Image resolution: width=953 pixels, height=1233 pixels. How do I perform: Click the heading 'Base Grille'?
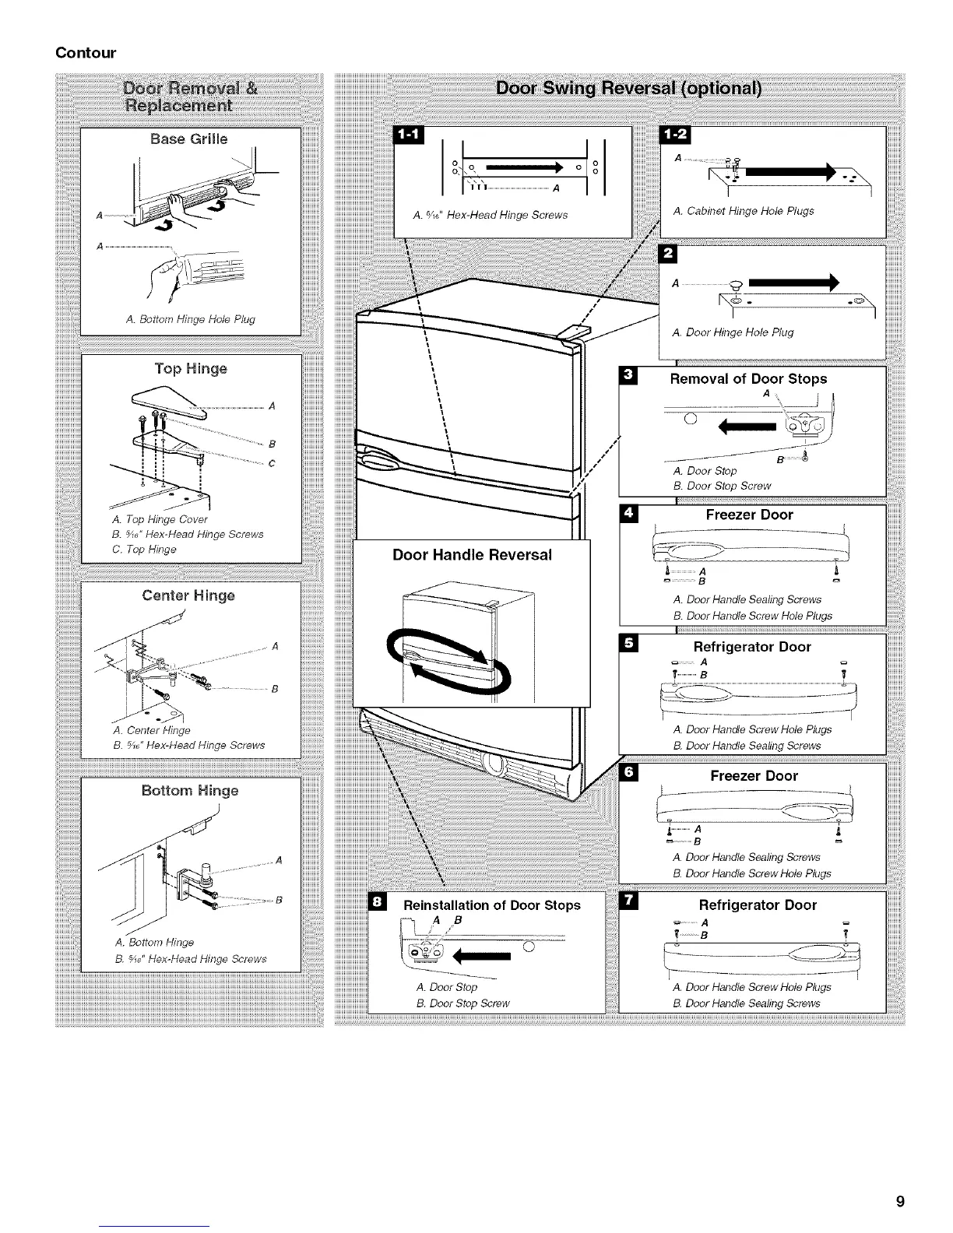click(189, 139)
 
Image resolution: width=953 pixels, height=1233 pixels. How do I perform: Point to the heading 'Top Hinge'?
click(190, 368)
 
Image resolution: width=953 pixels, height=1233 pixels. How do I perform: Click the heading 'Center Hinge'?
click(188, 596)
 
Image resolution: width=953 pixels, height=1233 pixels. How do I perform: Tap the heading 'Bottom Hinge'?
click(190, 791)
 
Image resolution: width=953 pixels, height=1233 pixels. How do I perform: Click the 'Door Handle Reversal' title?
click(472, 555)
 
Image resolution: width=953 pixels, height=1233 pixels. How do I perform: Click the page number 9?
click(900, 1201)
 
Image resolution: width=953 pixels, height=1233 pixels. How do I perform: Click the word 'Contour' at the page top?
click(86, 53)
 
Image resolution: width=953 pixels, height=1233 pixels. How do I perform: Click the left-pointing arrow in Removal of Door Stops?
click(748, 427)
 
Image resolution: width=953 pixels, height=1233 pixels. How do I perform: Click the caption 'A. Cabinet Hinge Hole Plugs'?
click(744, 211)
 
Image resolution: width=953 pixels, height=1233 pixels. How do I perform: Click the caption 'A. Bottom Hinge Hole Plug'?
click(190, 319)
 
